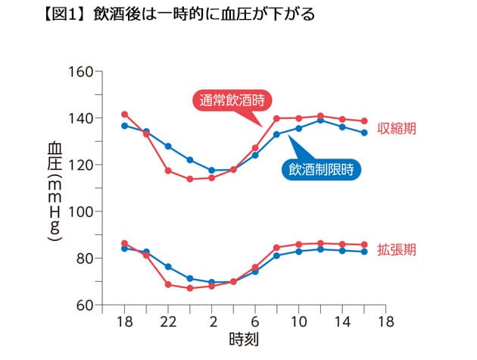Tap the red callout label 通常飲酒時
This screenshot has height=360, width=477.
pos(235,100)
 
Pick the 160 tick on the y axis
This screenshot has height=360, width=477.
pos(79,72)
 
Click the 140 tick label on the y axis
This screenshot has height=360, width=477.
pos(79,118)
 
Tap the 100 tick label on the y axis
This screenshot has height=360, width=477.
pos(79,211)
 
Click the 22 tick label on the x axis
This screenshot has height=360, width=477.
pos(168,321)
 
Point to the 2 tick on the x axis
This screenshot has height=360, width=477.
pos(212,321)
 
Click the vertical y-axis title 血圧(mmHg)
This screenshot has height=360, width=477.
pos(54,191)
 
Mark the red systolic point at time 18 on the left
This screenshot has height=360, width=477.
pos(125,114)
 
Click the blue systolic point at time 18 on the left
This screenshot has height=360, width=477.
pos(125,126)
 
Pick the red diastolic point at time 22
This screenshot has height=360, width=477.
pos(168,285)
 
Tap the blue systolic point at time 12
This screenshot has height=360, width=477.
pos(320,121)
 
